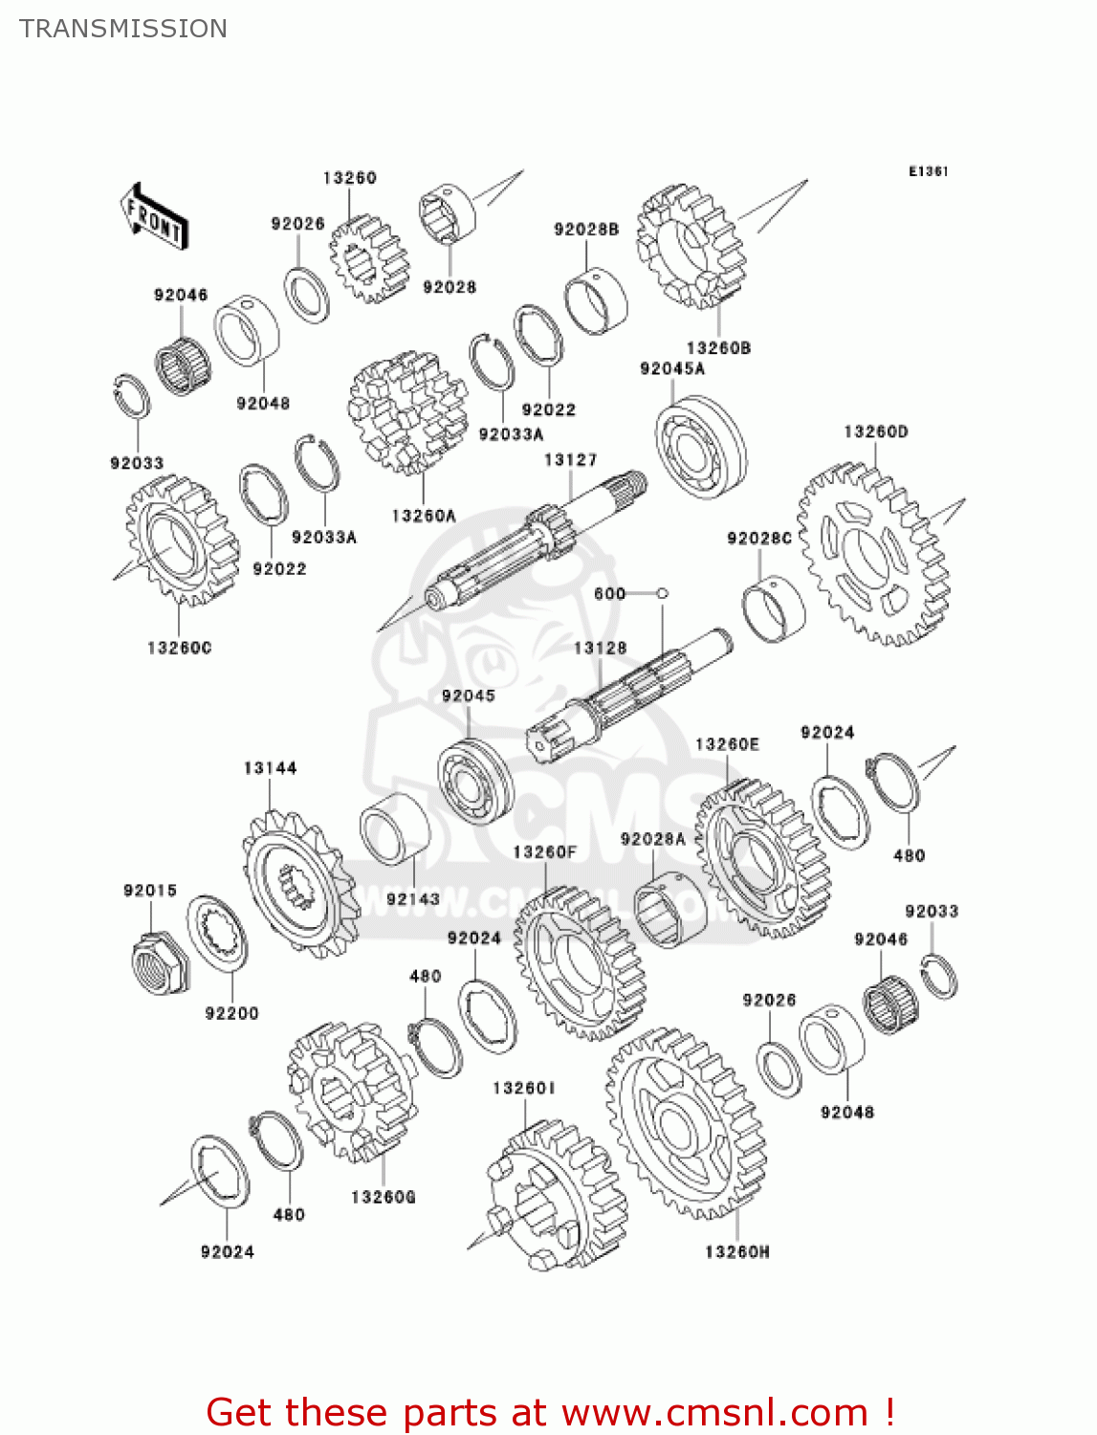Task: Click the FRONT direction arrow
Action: pos(153,219)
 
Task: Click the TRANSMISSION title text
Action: pos(123,29)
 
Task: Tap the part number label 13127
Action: pos(570,460)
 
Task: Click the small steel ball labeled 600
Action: pos(663,594)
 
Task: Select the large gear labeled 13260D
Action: pos(871,554)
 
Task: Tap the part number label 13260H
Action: pos(736,1251)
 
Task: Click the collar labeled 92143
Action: pos(394,828)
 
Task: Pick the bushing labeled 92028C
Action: pos(773,609)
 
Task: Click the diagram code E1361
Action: pos(928,171)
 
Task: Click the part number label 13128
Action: pos(600,648)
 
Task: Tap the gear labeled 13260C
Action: pos(181,541)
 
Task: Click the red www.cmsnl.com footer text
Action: pos(550,1412)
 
